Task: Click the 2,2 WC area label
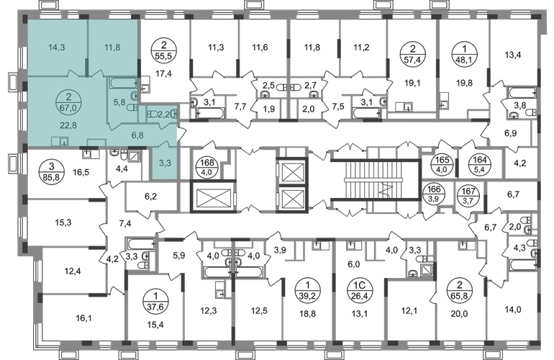[164, 114]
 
